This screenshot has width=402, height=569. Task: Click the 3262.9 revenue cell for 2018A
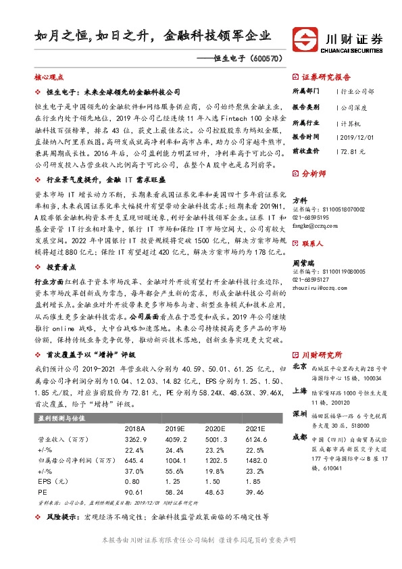(135, 439)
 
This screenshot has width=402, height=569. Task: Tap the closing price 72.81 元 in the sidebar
(352, 151)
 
